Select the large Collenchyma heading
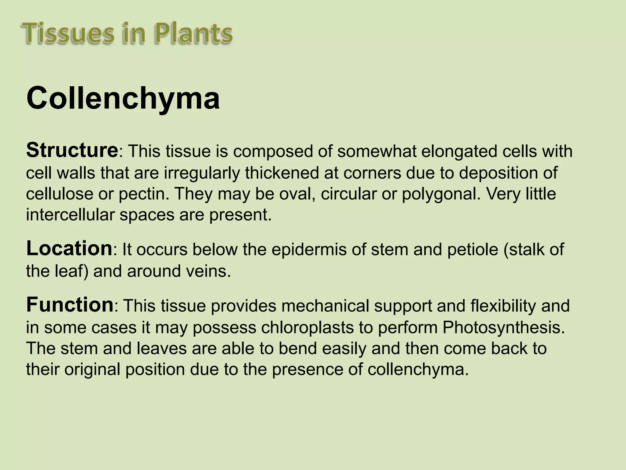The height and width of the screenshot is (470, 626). [123, 98]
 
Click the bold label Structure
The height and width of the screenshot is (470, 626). [72, 151]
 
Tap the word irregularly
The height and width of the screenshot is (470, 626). [202, 173]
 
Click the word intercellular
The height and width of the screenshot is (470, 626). [70, 215]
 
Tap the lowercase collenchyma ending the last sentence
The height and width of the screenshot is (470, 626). [418, 370]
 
